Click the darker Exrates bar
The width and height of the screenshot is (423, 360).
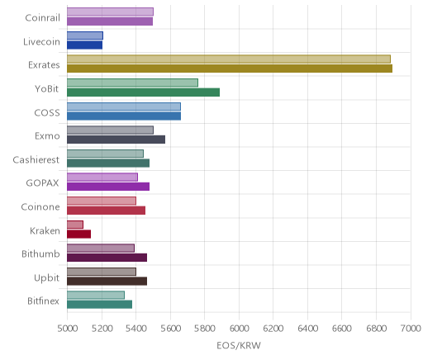(x=230, y=69)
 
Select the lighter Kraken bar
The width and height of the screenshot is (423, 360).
(x=75, y=225)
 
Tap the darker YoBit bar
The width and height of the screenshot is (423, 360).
(x=144, y=92)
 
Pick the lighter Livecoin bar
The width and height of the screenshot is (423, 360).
(x=85, y=36)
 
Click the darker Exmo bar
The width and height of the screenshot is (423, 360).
(x=116, y=140)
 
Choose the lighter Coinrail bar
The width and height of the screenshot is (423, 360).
(x=110, y=12)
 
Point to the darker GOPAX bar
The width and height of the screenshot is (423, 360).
(x=108, y=187)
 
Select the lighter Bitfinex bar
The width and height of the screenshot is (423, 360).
(x=96, y=295)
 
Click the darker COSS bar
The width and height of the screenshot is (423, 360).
(x=124, y=116)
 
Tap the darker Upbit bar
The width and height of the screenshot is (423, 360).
(x=107, y=282)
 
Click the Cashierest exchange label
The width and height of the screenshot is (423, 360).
(x=36, y=159)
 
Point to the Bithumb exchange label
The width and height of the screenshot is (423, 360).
(x=40, y=253)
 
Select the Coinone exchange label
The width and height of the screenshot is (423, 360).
(x=40, y=206)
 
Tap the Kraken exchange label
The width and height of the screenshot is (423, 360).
(x=45, y=230)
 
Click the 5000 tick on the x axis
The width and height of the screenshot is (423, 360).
(x=67, y=329)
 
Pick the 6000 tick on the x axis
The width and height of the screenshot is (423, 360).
(x=239, y=329)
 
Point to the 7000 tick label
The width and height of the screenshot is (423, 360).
(x=411, y=329)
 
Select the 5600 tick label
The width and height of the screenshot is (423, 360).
(x=170, y=329)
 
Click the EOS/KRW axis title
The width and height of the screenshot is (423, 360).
(x=239, y=345)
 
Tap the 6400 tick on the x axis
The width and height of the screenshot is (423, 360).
(x=307, y=329)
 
